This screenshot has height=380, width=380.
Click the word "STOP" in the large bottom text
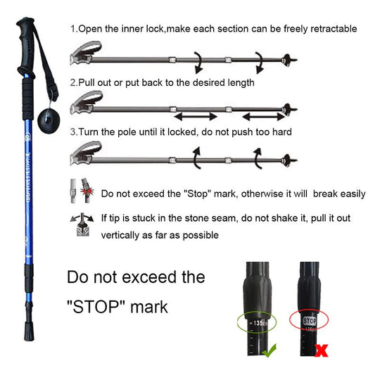[98, 308]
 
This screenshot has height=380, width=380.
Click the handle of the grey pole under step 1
[86, 53]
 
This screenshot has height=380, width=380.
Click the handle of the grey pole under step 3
[86, 152]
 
